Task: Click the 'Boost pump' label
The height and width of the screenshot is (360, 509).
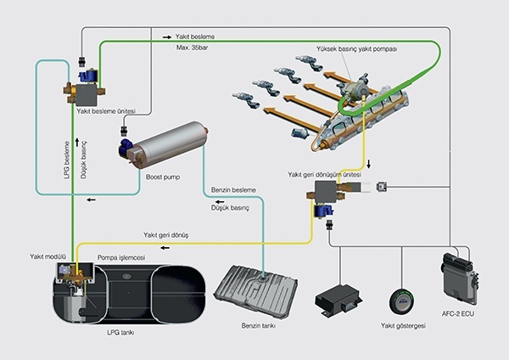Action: point(163,177)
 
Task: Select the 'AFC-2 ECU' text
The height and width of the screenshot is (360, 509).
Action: point(458,314)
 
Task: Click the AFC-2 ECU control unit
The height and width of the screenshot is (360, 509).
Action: point(459,278)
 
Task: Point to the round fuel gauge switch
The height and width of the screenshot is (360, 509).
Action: point(402,301)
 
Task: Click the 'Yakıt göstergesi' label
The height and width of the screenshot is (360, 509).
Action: point(403,325)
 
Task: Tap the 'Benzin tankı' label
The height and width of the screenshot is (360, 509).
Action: point(259,325)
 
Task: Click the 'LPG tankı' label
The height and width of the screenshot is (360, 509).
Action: point(120,333)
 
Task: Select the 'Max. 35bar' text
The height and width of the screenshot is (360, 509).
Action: point(193,48)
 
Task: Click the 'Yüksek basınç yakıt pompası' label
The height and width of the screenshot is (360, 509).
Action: point(357,49)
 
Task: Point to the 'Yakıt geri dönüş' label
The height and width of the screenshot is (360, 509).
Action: point(166,235)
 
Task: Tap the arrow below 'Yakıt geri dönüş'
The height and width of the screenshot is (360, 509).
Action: point(165,248)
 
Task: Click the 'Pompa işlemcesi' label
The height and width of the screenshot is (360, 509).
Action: point(121,257)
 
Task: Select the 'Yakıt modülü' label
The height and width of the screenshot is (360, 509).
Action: point(48,256)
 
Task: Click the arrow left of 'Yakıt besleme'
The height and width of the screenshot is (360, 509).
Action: point(167,37)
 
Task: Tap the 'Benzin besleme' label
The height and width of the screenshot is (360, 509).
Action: point(233,190)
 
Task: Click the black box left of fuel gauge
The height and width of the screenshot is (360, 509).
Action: point(338,299)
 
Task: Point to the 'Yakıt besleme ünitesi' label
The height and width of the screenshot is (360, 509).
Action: point(106,111)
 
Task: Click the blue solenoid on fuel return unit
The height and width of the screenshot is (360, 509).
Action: point(323,211)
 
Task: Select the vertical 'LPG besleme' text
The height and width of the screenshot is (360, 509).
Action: point(67,160)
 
